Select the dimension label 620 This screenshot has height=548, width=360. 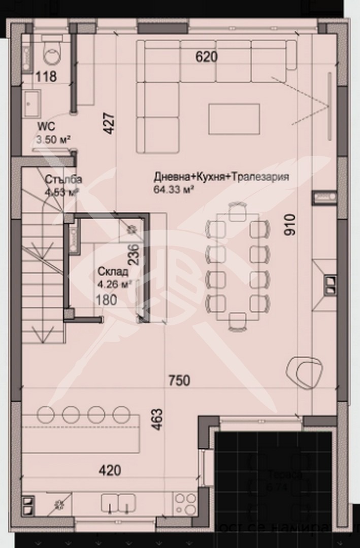(x=207, y=57)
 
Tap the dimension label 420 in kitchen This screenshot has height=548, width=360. (x=110, y=470)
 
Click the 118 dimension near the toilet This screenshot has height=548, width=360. (x=46, y=77)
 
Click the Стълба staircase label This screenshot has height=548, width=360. (x=63, y=180)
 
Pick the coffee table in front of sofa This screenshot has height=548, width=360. (x=234, y=119)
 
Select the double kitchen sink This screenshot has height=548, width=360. (x=117, y=502)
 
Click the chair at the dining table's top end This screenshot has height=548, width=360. (x=237, y=211)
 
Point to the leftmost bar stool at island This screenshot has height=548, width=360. (x=44, y=414)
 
